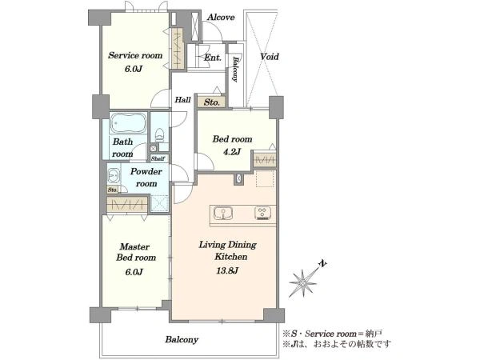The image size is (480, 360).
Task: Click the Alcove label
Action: (x=221, y=18)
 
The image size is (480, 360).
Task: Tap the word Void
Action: (x=270, y=57)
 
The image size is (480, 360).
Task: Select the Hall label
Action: (x=182, y=99)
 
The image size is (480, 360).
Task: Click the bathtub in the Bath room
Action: (x=129, y=123)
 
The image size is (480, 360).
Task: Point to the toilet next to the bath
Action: (x=159, y=134)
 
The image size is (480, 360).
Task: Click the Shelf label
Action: (x=158, y=158)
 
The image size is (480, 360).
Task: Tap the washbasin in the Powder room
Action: (x=114, y=176)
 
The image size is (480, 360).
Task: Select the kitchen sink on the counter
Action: (x=223, y=214)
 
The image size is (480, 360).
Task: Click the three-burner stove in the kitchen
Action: (x=262, y=214)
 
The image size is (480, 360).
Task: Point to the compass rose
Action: (x=302, y=283)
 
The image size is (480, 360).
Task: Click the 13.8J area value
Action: (x=226, y=270)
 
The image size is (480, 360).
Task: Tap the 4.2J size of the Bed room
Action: (x=232, y=151)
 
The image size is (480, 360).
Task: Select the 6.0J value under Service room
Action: (x=134, y=69)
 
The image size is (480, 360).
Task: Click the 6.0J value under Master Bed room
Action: (x=134, y=271)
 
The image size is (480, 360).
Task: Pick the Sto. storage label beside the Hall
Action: (x=212, y=102)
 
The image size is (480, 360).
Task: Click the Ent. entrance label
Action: (x=213, y=58)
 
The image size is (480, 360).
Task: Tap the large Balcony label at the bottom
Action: (x=182, y=339)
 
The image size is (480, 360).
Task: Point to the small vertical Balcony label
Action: (x=235, y=69)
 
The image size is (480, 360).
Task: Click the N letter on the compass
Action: (x=322, y=263)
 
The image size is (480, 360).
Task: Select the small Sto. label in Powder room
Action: (x=112, y=190)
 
